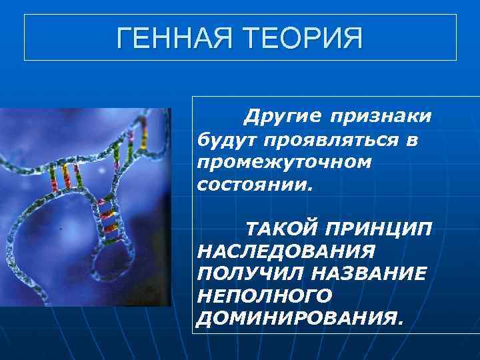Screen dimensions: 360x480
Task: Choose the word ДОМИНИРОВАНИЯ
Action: pos(297,317)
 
